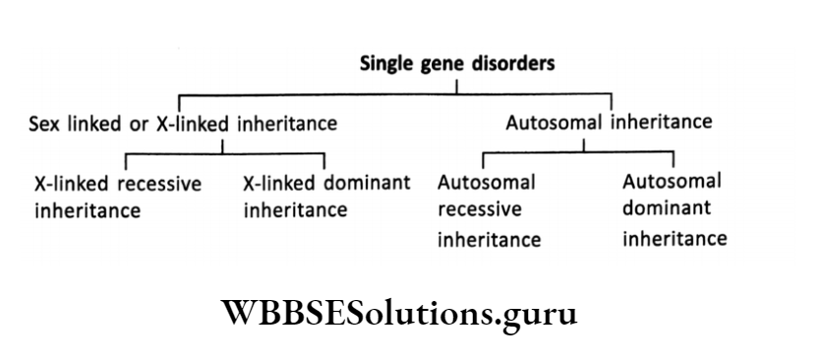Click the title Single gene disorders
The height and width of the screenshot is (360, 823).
pyautogui.click(x=456, y=64)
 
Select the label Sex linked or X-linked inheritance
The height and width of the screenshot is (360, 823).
pyautogui.click(x=183, y=124)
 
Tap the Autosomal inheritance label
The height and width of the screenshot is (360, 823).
pyautogui.click(x=608, y=123)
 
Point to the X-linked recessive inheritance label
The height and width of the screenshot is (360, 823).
pyautogui.click(x=118, y=196)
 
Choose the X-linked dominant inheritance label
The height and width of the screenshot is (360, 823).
pyautogui.click(x=325, y=196)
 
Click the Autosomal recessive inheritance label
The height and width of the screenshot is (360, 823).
pyautogui.click(x=489, y=210)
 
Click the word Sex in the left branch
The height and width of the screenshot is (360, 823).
pyautogui.click(x=43, y=124)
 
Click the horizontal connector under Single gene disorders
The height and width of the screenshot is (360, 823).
pyautogui.click(x=393, y=94)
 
